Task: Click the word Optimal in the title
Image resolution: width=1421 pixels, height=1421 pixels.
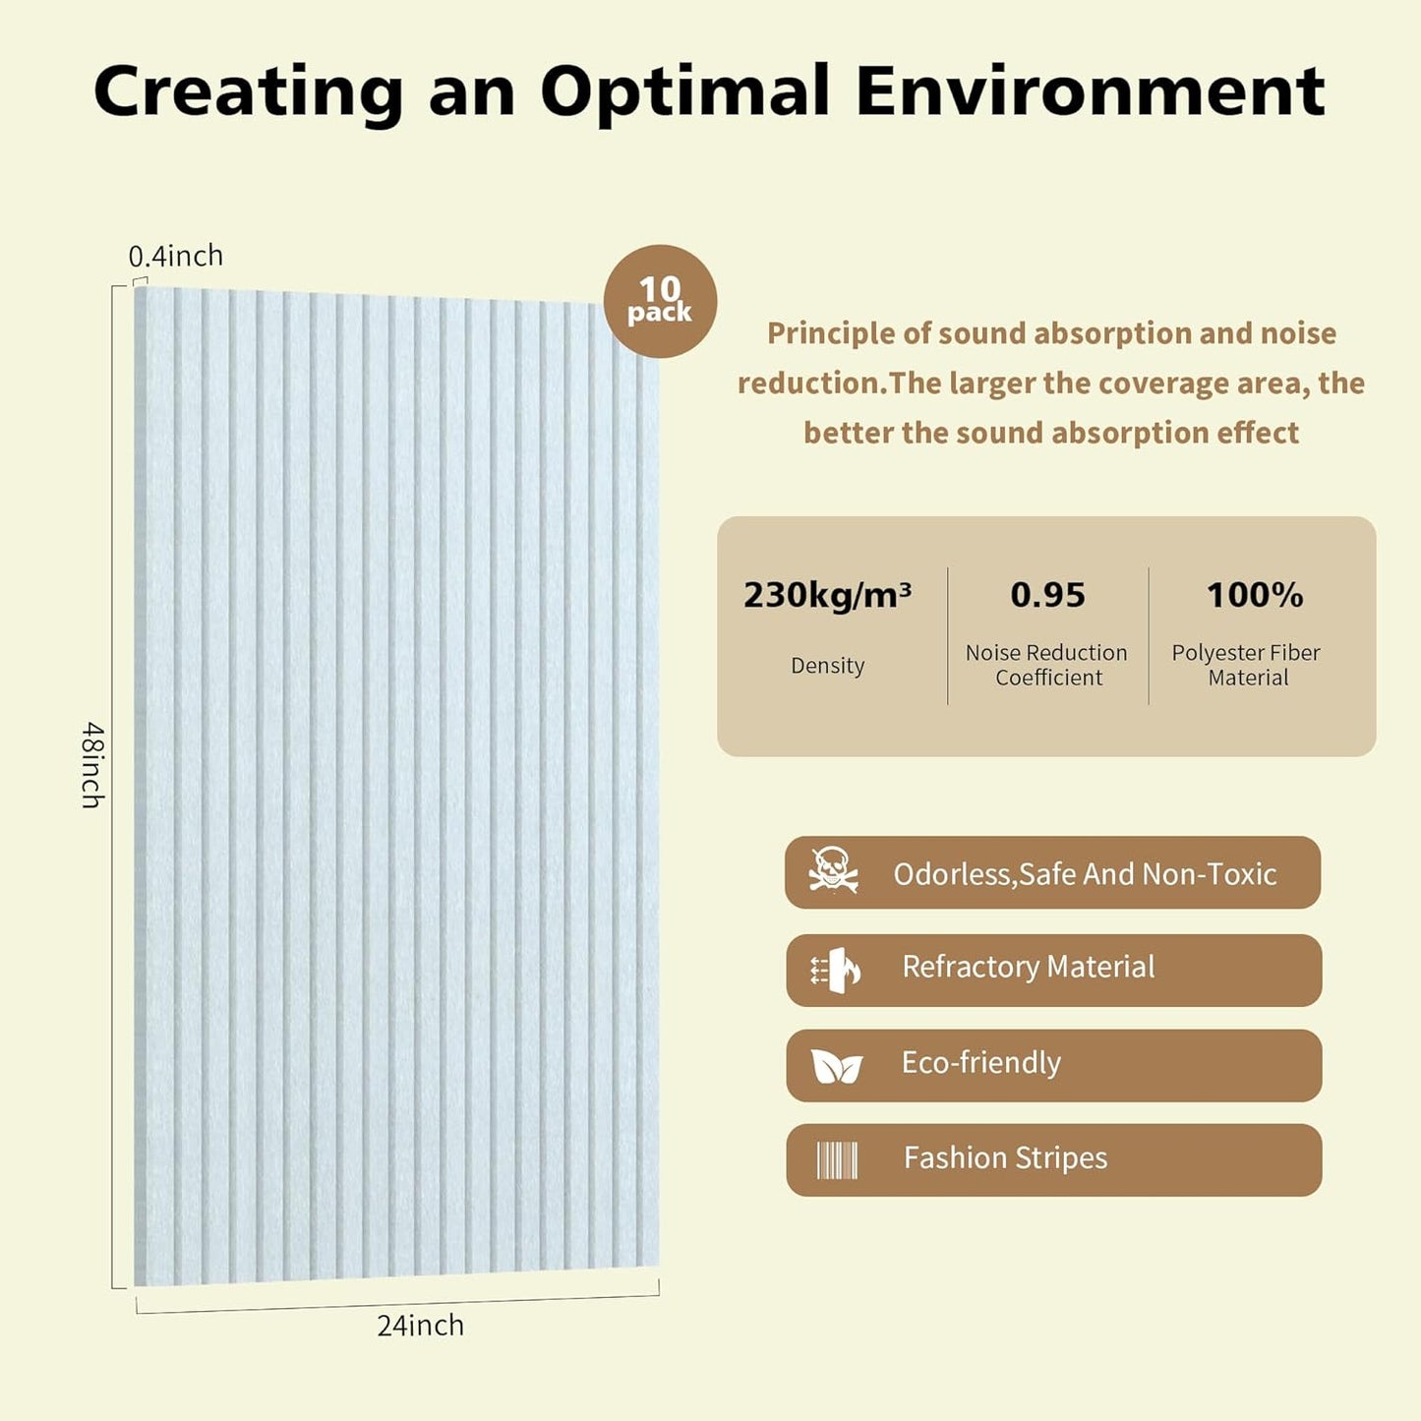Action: click(685, 91)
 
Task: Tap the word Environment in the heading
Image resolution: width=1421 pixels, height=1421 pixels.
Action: click(1090, 91)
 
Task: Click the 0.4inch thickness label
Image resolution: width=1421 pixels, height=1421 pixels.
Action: click(176, 257)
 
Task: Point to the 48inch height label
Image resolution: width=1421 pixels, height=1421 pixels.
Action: click(92, 765)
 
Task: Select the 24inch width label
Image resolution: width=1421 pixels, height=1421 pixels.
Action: click(420, 1326)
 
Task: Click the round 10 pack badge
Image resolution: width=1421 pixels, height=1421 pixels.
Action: click(660, 301)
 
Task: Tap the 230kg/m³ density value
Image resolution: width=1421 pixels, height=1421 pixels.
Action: click(827, 595)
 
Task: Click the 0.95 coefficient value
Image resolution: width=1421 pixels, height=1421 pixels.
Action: click(1047, 595)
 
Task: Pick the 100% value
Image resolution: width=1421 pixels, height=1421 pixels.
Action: click(1254, 595)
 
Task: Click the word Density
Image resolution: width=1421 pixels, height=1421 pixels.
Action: click(827, 666)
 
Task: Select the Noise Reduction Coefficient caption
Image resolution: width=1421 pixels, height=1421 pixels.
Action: click(1047, 665)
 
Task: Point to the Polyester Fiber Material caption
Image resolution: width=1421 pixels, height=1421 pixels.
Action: click(1246, 665)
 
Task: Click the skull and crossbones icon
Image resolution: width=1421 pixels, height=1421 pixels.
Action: click(833, 870)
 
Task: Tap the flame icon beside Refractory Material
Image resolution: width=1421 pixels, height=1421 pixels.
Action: click(836, 970)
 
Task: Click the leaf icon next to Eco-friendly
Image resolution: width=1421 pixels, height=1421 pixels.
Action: click(836, 1066)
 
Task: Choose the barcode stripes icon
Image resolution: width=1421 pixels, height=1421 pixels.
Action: click(837, 1160)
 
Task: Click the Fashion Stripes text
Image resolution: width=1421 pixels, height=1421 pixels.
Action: click(1005, 1158)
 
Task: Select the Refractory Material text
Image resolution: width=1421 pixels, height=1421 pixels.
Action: click(1028, 968)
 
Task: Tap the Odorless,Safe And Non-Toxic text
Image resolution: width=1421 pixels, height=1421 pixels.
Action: click(1084, 874)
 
